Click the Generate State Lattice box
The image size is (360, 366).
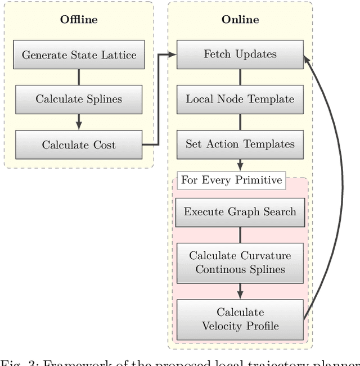point(79,55)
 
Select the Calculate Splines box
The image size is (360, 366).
point(79,100)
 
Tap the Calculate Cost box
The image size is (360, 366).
point(79,144)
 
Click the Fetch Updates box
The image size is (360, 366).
point(240,55)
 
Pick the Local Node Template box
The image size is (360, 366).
point(240,100)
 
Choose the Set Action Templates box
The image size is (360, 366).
point(240,144)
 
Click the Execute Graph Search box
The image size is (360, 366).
point(240,212)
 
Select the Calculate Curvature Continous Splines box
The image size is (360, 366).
point(240,263)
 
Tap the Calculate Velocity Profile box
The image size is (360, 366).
point(240,319)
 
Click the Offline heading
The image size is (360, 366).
point(79,20)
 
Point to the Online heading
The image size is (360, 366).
point(240,20)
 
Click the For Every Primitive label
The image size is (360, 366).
point(231,180)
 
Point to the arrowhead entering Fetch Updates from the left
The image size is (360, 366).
point(172,55)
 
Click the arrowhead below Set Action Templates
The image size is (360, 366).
point(240,166)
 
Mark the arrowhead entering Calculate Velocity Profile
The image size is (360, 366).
point(240,295)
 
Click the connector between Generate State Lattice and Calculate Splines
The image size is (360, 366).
point(79,77)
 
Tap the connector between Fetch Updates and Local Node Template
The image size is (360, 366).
point(240,77)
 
